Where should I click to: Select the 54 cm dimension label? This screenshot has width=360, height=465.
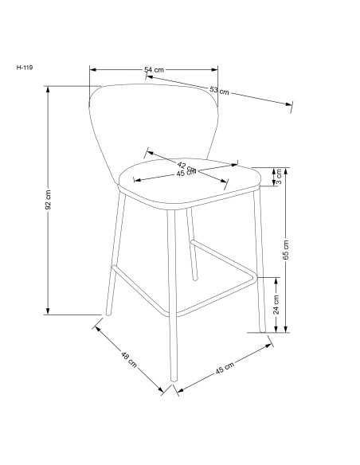[x=154, y=70]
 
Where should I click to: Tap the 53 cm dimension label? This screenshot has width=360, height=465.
[x=220, y=90]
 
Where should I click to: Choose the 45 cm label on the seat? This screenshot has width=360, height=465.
[x=188, y=174]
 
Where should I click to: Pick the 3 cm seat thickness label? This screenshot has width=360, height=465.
[x=278, y=178]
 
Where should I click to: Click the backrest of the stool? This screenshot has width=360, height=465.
[x=155, y=119]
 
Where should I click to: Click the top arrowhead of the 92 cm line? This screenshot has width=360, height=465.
[x=49, y=88]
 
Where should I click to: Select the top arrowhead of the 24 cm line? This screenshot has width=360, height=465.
[x=276, y=279]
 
